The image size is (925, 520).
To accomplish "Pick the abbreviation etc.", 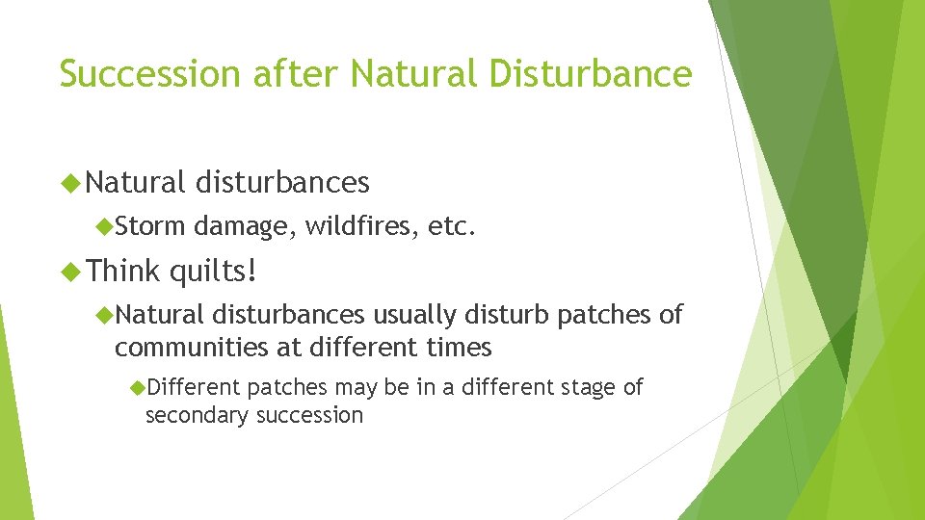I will (x=451, y=226).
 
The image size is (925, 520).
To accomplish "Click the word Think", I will (x=124, y=272).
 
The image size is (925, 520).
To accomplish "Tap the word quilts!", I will (x=213, y=272).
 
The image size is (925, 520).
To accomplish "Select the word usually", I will (x=415, y=315).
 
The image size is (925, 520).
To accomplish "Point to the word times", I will (x=459, y=347).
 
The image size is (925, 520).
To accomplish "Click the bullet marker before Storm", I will (x=105, y=226).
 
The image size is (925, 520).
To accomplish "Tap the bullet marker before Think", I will (x=68, y=272).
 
